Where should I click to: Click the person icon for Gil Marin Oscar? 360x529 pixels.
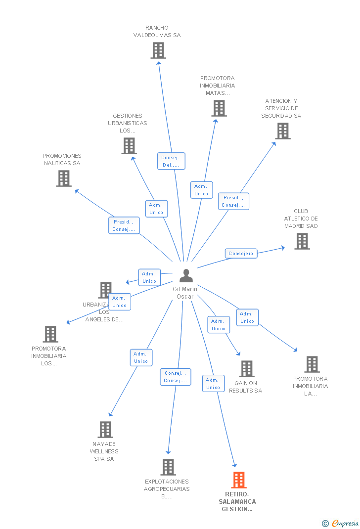186,276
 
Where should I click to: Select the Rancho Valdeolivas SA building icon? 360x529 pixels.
158,50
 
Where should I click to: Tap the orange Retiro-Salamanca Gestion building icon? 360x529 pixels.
239,480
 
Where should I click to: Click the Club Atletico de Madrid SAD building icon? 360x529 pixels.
302,241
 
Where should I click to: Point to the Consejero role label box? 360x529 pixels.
241,254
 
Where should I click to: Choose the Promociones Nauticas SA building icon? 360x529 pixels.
64,178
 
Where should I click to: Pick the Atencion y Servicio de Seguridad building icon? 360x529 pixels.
282,131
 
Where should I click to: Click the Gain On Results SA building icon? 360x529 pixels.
246,369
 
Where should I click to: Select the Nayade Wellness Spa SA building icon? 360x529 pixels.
105,430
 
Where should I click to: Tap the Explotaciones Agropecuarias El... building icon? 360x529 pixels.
168,467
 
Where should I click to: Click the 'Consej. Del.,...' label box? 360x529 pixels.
171,161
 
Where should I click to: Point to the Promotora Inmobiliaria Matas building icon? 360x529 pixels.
219,108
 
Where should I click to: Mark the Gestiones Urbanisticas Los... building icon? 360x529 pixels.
129,146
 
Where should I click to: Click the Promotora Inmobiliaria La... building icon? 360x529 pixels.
312,364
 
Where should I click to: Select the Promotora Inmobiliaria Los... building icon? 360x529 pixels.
50,334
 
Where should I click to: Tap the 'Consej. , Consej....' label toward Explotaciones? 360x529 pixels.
175,377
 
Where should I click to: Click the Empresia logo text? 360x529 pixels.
345,523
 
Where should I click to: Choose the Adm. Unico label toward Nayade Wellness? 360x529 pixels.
141,357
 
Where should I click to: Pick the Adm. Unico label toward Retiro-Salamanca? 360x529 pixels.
213,384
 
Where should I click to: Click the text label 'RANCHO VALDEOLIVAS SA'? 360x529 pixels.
157,32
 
